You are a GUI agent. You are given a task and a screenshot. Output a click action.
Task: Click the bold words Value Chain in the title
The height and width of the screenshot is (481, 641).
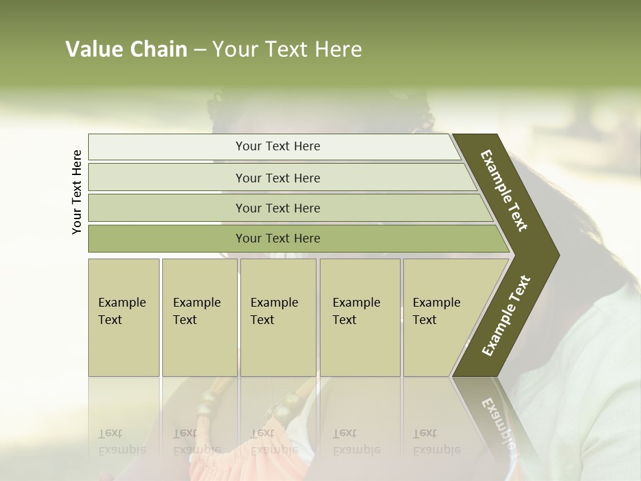point(126,49)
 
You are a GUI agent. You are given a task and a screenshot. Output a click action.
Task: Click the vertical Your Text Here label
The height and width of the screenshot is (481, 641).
point(77,192)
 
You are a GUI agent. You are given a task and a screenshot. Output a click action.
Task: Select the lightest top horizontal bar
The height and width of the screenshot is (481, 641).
point(167,147)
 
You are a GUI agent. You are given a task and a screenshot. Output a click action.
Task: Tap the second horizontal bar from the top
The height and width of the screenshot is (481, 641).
point(167,178)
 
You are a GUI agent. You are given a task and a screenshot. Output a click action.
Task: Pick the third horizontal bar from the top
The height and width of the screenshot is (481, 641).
point(167,208)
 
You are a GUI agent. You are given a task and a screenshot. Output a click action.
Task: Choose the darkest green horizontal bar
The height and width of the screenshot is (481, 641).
point(167,238)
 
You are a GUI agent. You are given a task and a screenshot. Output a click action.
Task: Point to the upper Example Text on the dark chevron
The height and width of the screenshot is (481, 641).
point(505,190)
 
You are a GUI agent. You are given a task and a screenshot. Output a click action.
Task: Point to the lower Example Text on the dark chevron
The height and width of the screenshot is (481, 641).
point(506,315)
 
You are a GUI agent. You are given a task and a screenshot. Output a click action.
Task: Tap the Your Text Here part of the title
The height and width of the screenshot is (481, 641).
point(287,49)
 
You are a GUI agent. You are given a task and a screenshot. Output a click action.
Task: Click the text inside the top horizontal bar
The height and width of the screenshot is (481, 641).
point(278,146)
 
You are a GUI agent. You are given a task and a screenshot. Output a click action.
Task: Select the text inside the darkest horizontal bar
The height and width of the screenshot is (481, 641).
point(278,238)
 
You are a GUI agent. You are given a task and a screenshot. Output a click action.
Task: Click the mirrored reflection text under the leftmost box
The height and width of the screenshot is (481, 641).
point(122,442)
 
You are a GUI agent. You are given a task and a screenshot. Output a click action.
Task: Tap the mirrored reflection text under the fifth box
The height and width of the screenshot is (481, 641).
point(436,442)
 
